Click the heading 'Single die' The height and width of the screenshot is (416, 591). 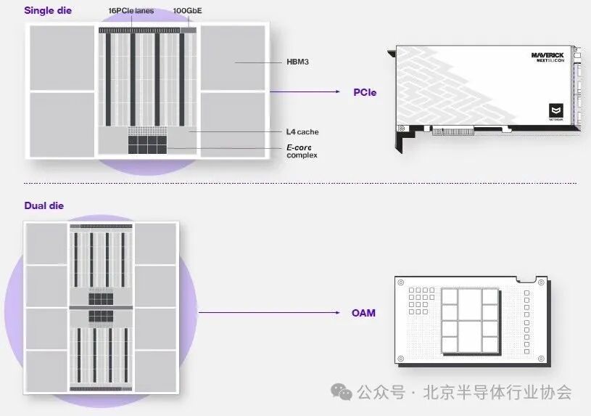click(x=48, y=11)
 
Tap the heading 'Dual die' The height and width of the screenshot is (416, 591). click(x=44, y=205)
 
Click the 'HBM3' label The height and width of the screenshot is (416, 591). click(x=297, y=62)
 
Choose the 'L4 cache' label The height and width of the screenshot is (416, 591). click(x=302, y=132)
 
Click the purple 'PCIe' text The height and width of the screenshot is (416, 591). click(x=365, y=92)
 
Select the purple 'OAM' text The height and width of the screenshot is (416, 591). click(x=363, y=313)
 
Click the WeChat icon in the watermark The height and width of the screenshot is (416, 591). click(x=342, y=392)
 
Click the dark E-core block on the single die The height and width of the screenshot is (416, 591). click(x=147, y=144)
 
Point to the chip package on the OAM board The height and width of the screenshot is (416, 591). click(x=470, y=319)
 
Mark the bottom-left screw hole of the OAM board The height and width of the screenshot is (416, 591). click(x=400, y=359)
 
